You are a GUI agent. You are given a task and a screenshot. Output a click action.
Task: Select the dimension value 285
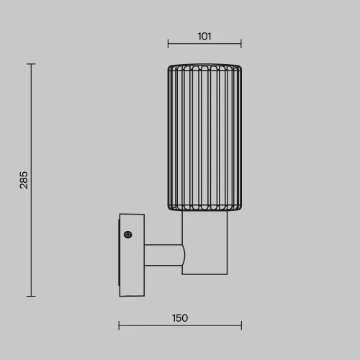coord(24,180)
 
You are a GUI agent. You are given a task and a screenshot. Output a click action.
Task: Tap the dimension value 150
coord(180,318)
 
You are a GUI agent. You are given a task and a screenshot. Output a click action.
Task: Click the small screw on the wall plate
coord(128,235)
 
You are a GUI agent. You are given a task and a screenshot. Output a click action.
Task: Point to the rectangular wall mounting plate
coord(132,255)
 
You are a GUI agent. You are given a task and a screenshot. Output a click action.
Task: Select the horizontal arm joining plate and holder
coord(162,255)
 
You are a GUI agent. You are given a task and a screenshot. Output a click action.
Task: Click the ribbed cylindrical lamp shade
coord(204,138)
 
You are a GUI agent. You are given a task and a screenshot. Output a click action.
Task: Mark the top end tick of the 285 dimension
coord(31,64)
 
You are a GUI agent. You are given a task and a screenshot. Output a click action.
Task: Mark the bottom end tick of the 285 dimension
coord(31,296)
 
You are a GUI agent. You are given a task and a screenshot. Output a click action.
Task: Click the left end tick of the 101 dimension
coord(168,43)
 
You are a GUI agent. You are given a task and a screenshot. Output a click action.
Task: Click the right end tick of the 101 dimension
coord(241,43)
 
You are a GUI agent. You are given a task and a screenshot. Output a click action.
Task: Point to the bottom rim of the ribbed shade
coord(204,210)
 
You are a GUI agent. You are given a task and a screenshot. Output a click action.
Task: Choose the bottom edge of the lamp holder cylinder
coord(204,274)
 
